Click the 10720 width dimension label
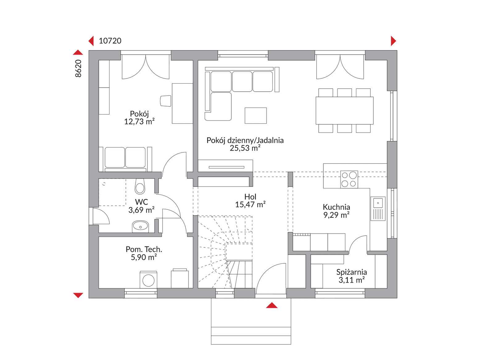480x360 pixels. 110,41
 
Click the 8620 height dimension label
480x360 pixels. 78,68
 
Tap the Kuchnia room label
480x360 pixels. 336,207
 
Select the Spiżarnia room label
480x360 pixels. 351,272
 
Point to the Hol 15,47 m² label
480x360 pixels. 250,201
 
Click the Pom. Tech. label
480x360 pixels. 144,249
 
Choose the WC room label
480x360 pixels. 142,202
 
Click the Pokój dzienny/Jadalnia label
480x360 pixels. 245,140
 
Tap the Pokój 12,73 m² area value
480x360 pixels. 139,122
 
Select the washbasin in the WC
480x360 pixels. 140,227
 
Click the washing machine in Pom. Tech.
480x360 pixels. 148,280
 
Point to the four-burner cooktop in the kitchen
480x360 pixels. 349,180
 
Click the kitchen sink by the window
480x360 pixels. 378,209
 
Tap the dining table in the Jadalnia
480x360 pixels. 344,111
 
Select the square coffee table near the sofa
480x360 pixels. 256,116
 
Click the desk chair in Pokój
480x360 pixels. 166,101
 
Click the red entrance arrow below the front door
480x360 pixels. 271,305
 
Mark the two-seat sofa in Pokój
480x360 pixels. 125,159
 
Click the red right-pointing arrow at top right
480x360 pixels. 393,41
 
